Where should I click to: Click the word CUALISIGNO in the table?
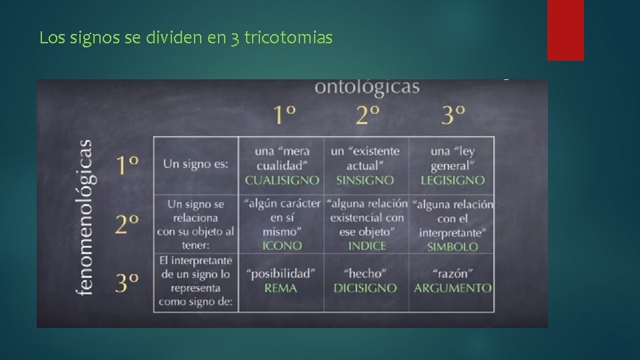pyautogui.click(x=281, y=180)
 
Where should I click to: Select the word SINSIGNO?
pyautogui.click(x=365, y=180)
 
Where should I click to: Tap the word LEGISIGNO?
pyautogui.click(x=452, y=180)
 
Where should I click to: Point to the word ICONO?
pyautogui.click(x=282, y=245)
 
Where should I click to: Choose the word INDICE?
pyautogui.click(x=367, y=245)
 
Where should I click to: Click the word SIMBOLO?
pyautogui.click(x=453, y=246)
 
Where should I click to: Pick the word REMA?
pyautogui.click(x=280, y=288)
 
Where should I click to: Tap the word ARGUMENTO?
pyautogui.click(x=453, y=288)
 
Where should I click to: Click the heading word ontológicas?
pyautogui.click(x=367, y=87)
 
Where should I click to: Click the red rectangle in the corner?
pyautogui.click(x=565, y=30)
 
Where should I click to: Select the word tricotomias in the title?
pyautogui.click(x=288, y=38)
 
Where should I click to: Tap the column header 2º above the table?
pyautogui.click(x=367, y=115)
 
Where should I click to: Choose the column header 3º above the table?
pyautogui.click(x=453, y=115)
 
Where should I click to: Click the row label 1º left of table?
pyautogui.click(x=128, y=165)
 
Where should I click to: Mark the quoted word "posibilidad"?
pyautogui.click(x=281, y=273)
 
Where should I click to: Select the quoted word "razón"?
pyautogui.click(x=453, y=273)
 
